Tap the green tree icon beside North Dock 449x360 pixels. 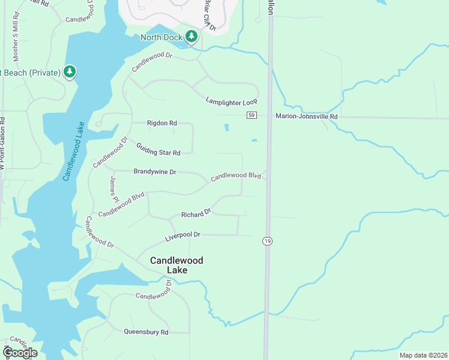191,37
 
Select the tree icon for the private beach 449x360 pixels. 70,73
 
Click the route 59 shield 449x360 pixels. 252,115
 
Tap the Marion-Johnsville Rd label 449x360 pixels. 307,116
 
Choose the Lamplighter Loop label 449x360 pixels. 232,101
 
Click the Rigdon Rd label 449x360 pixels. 162,123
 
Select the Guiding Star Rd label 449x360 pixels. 158,149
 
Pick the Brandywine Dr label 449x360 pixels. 155,172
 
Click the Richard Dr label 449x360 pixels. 196,214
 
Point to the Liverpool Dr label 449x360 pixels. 182,236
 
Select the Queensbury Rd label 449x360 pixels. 146,331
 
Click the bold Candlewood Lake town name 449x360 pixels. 176,265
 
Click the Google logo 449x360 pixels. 20,353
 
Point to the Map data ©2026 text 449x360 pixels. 423,355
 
